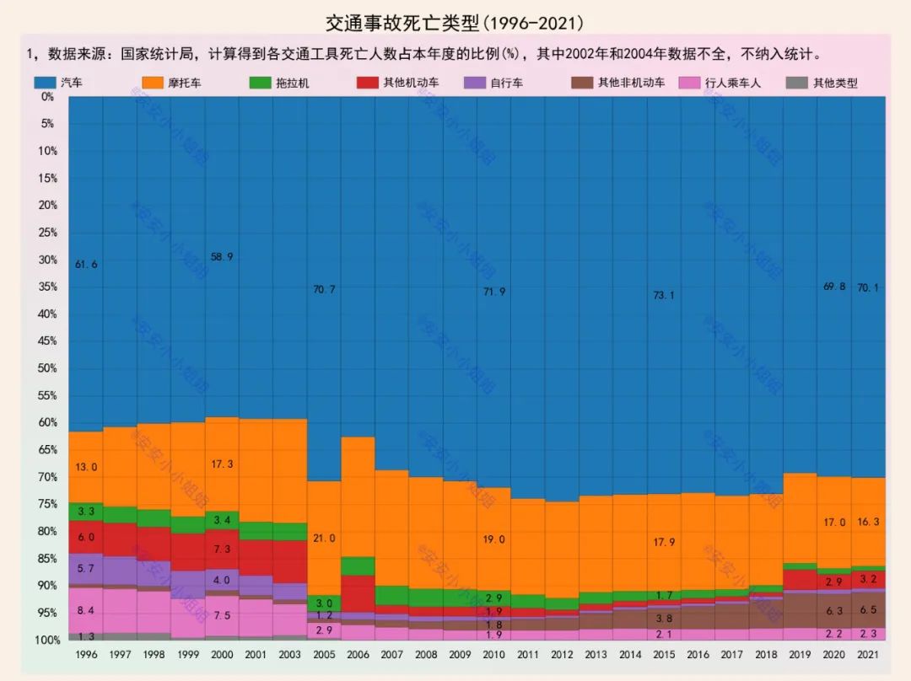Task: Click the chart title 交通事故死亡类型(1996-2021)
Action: (455, 21)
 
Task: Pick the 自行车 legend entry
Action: (494, 83)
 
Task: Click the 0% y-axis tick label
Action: (47, 96)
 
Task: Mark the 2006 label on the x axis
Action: (358, 654)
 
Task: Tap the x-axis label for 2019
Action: (800, 654)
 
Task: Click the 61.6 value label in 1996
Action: (86, 264)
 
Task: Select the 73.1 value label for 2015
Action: (665, 295)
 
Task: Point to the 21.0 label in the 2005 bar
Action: (324, 538)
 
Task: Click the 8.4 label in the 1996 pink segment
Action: (86, 610)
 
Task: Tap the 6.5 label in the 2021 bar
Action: (868, 609)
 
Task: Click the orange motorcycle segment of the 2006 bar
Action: (358, 496)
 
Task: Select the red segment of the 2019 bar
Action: (800, 579)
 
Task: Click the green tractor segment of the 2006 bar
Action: (358, 566)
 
